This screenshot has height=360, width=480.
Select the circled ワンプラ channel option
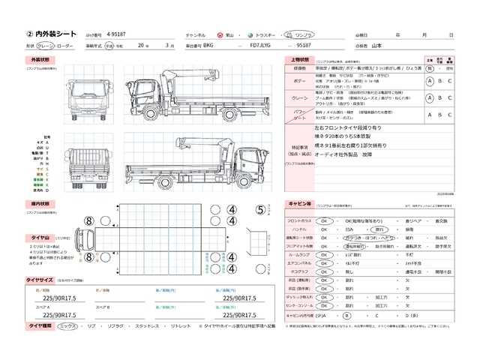click(x=304, y=35)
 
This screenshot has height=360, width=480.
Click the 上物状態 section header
click(x=297, y=59)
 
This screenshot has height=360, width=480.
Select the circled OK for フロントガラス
click(x=325, y=222)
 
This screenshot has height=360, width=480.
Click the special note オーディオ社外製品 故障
click(x=346, y=154)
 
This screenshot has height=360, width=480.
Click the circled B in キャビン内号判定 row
click(x=346, y=316)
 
